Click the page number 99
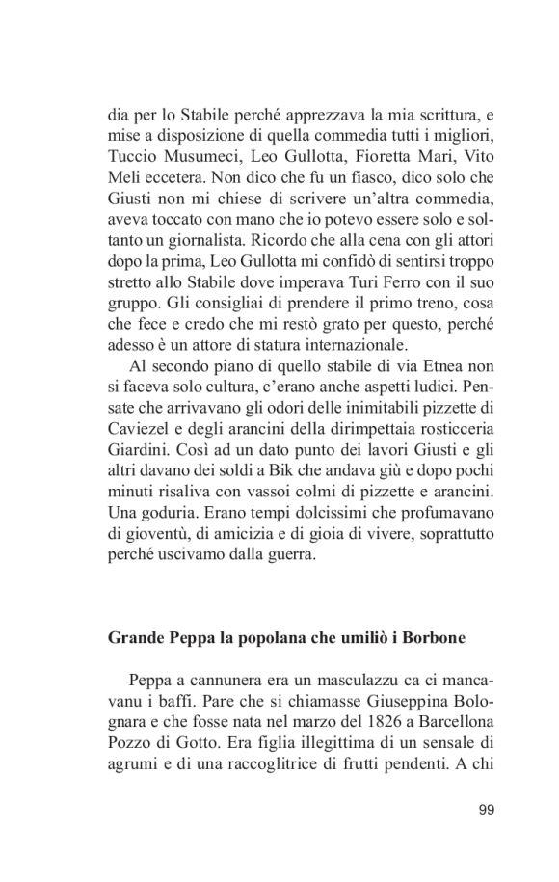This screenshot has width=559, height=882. click(x=486, y=809)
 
